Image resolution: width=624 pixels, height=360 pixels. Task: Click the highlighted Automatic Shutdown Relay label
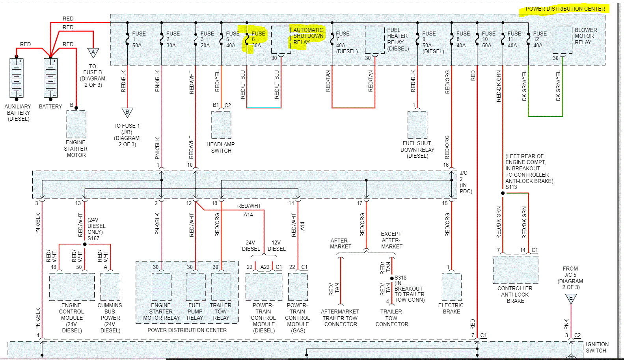[308, 36]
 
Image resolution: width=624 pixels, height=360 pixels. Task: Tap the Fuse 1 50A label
[138, 39]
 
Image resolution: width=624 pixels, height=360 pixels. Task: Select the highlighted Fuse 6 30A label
[258, 39]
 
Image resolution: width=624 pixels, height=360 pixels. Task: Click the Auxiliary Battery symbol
[17, 78]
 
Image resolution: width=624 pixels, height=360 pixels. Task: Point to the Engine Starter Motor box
[76, 124]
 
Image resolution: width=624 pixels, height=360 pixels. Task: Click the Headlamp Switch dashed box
[221, 125]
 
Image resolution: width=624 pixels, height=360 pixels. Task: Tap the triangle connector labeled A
[93, 52]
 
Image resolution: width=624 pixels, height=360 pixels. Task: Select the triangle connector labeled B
[127, 112]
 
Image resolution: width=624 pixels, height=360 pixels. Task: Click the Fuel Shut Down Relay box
[417, 125]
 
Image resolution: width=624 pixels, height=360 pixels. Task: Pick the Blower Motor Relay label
[585, 36]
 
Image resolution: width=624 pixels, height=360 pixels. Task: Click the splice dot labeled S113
[503, 193]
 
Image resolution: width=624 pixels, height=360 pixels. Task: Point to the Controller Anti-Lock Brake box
[515, 270]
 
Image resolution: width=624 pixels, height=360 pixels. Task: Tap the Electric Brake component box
[451, 287]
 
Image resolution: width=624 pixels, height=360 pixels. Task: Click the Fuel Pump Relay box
[196, 287]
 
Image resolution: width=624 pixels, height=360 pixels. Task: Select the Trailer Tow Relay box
[221, 287]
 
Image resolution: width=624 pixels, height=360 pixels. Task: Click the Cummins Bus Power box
[110, 287]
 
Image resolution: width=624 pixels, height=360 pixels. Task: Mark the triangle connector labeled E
[571, 298]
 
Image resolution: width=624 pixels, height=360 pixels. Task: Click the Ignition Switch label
[597, 347]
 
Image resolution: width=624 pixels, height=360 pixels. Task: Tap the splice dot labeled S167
[85, 244]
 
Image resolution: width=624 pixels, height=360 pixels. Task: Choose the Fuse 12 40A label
[539, 39]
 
